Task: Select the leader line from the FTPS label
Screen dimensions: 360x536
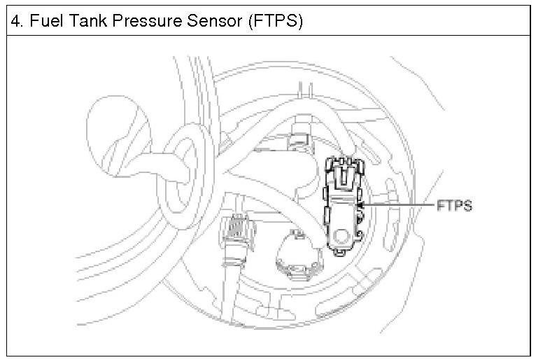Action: click(x=399, y=205)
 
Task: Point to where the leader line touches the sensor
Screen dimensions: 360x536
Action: click(x=365, y=205)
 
